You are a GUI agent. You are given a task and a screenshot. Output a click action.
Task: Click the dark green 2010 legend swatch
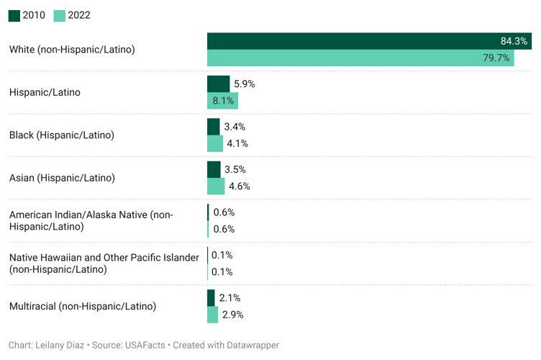click(x=14, y=15)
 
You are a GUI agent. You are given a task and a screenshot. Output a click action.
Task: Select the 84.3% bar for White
click(x=360, y=41)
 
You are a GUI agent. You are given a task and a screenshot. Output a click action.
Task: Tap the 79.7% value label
click(x=496, y=58)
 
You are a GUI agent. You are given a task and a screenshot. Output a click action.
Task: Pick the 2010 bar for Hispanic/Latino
click(x=218, y=84)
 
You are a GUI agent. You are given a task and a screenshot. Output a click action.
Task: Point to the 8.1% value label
click(x=223, y=101)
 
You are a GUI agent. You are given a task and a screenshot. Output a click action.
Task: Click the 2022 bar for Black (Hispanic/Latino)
click(x=214, y=143)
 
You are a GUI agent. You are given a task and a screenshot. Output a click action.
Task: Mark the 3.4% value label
click(x=235, y=127)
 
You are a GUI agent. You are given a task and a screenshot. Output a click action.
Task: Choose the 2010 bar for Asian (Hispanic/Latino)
click(x=214, y=169)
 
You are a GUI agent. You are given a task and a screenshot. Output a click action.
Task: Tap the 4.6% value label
click(x=239, y=186)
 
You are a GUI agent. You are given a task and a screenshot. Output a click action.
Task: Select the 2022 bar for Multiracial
click(x=212, y=315)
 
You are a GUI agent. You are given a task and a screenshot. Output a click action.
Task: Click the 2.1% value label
click(x=229, y=297)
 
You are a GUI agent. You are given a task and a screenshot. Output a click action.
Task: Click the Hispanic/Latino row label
click(x=45, y=92)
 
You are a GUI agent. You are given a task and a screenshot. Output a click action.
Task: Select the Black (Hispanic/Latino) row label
click(x=62, y=135)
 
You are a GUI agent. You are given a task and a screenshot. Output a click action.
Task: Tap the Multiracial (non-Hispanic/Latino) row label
click(x=83, y=306)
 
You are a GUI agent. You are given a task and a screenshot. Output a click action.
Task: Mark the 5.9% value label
click(x=245, y=84)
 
